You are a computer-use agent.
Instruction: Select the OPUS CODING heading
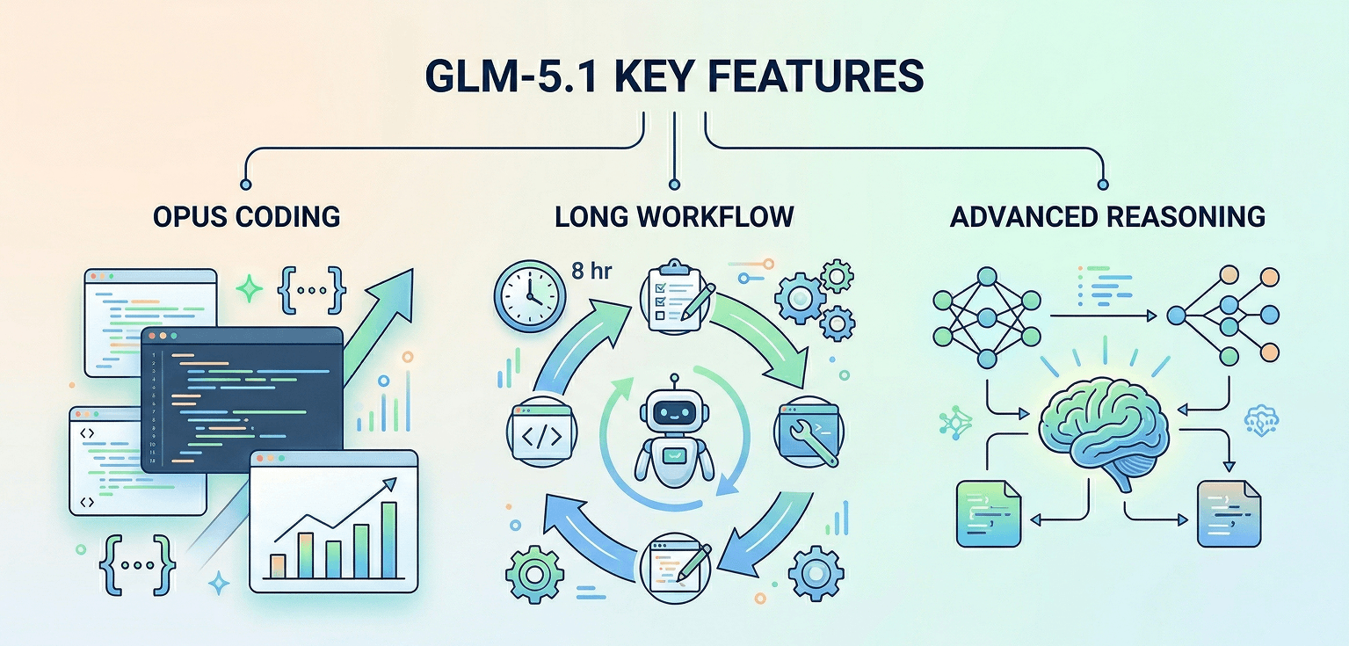(x=246, y=216)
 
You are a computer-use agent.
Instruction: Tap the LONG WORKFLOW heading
(x=674, y=216)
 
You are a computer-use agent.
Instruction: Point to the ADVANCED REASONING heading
(x=1107, y=216)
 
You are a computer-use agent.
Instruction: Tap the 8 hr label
(x=591, y=272)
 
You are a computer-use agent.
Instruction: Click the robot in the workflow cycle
(x=674, y=433)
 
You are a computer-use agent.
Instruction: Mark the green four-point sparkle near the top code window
(x=250, y=288)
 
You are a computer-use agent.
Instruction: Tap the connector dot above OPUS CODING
(x=246, y=184)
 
